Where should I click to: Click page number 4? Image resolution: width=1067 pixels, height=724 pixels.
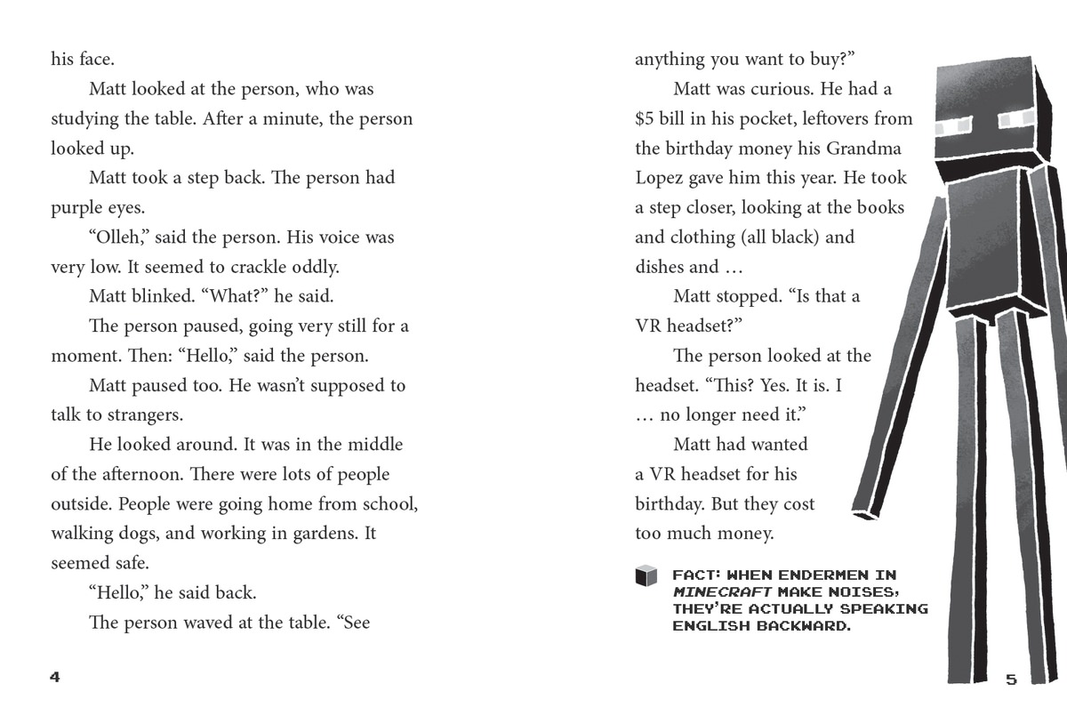pos(55,678)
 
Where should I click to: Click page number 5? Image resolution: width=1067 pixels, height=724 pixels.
pos(1011,680)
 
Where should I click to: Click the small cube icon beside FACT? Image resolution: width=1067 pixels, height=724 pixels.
pos(646,576)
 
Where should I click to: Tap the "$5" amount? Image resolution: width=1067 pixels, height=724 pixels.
pos(646,118)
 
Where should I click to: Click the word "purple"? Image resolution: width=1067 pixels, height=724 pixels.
pos(77,208)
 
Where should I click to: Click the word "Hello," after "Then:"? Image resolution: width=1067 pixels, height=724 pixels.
pos(211,356)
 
